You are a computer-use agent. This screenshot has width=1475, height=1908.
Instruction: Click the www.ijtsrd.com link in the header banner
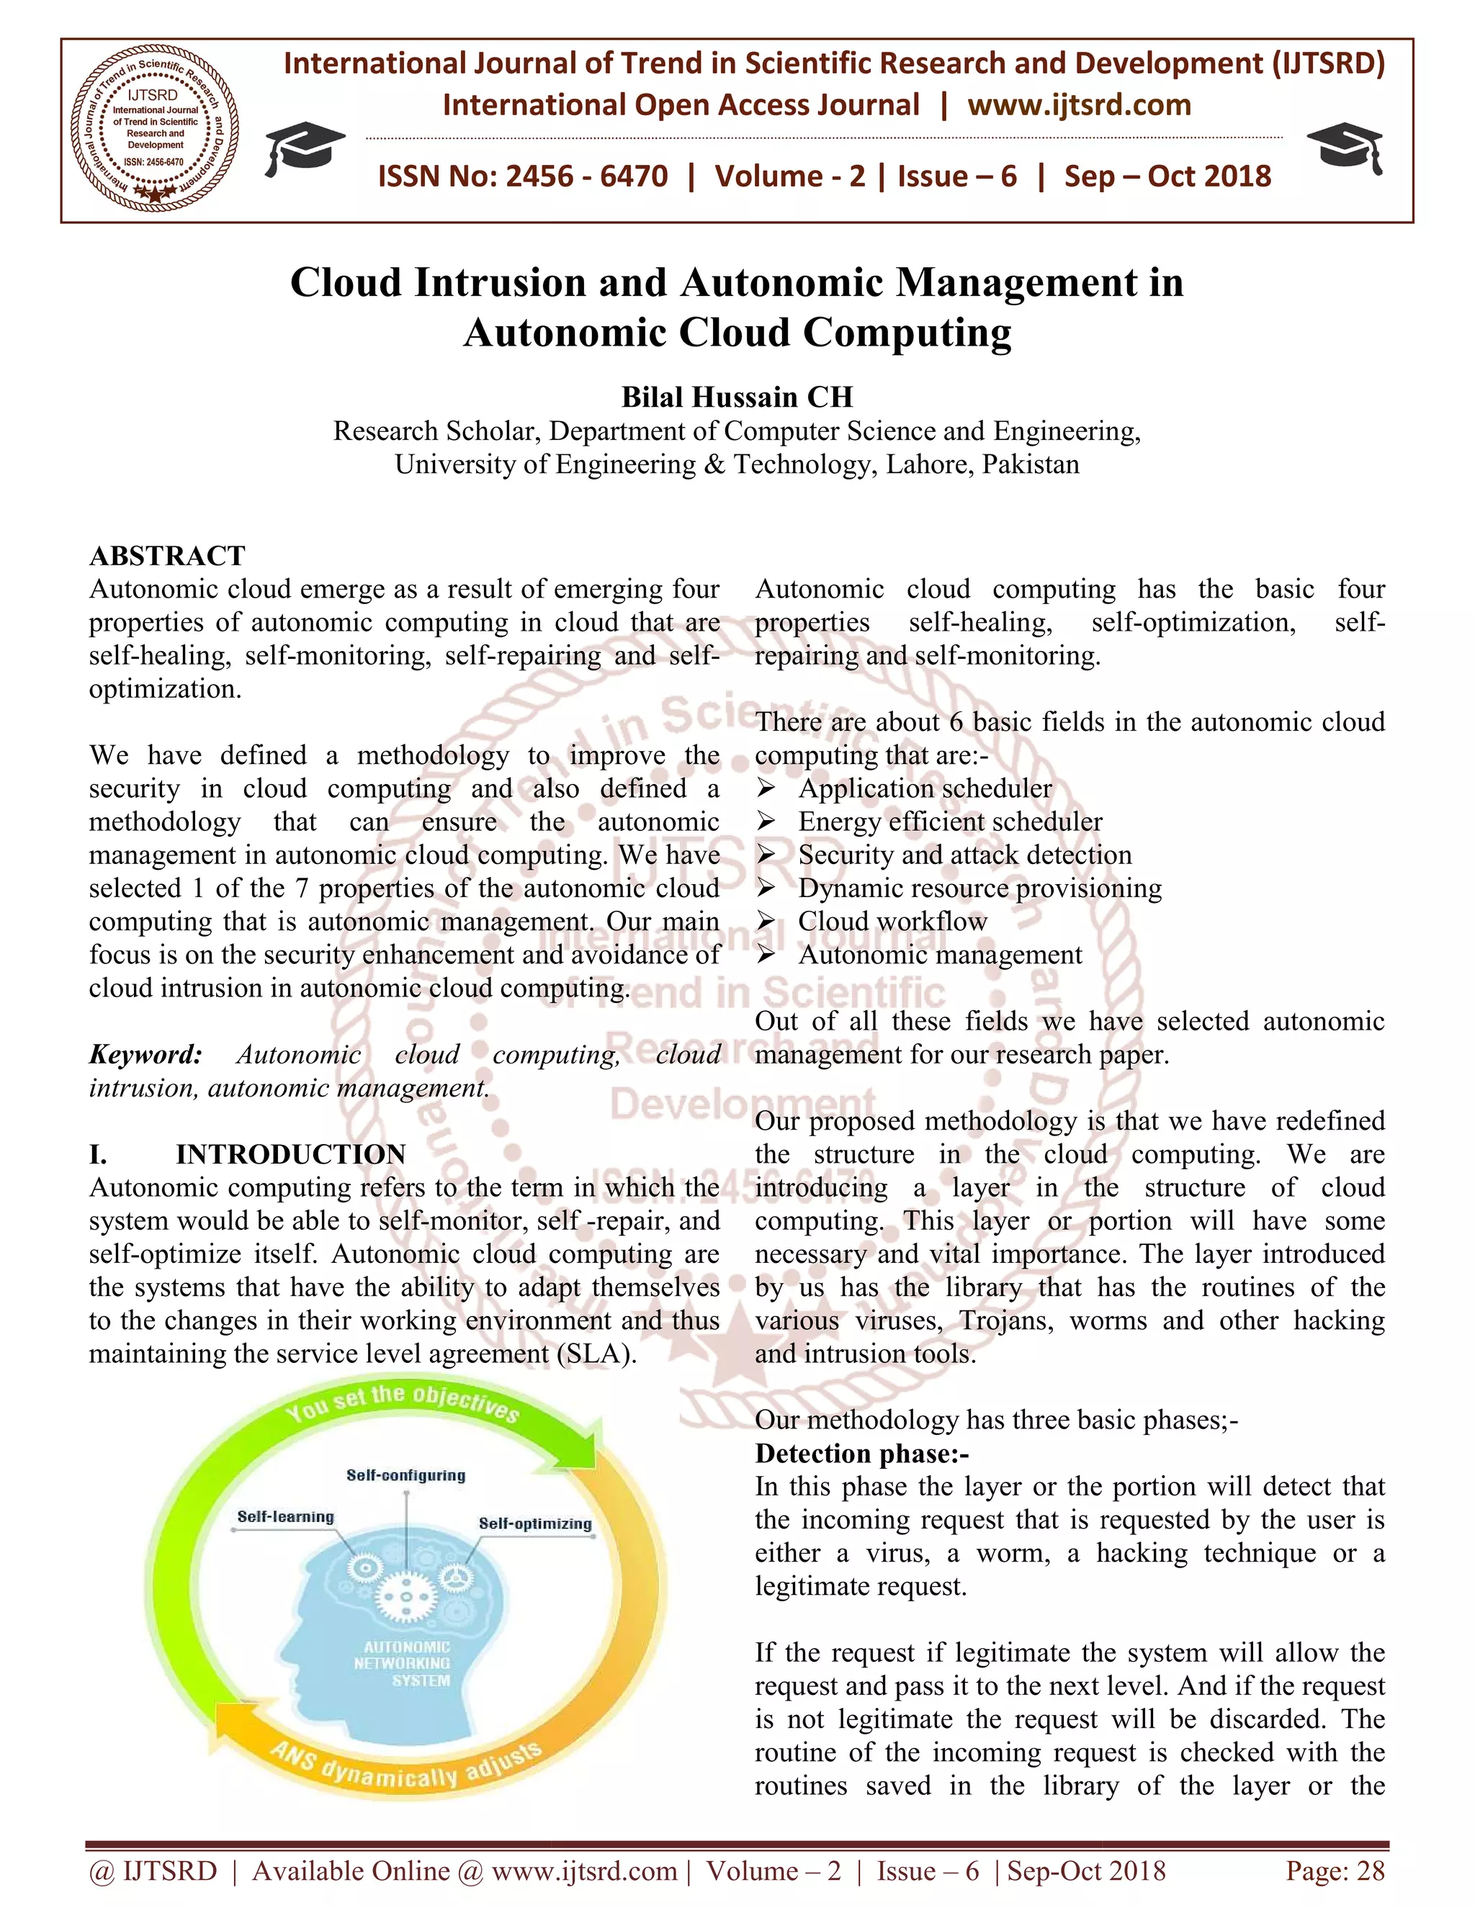point(1078,105)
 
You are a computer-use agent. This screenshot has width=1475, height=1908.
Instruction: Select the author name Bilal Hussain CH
point(737,397)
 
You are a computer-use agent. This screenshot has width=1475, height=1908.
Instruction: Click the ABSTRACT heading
point(167,556)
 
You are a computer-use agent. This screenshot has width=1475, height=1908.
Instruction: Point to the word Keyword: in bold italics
point(145,1055)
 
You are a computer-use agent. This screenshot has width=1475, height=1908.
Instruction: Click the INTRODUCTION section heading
point(290,1154)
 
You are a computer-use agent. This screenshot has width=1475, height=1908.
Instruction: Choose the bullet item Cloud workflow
point(892,921)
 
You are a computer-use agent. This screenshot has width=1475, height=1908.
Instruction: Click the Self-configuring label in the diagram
point(405,1475)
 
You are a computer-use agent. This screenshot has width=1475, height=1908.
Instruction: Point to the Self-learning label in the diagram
point(286,1516)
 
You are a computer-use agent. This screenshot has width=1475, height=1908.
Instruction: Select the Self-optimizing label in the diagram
point(535,1524)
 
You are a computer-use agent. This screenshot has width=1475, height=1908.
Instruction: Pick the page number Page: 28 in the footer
point(1335,1871)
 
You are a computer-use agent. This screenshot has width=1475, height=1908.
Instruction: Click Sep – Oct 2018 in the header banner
point(1167,176)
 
